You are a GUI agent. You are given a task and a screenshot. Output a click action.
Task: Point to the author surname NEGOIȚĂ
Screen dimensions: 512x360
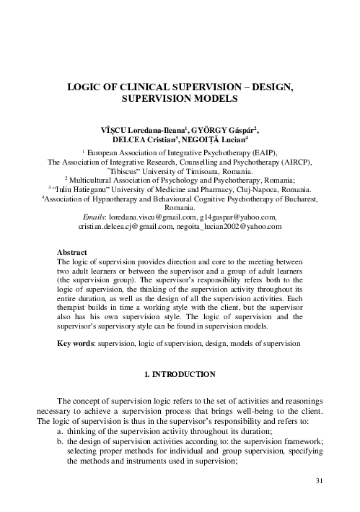(219, 139)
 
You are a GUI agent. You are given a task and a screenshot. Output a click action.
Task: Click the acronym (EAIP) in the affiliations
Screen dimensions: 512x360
(251, 155)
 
